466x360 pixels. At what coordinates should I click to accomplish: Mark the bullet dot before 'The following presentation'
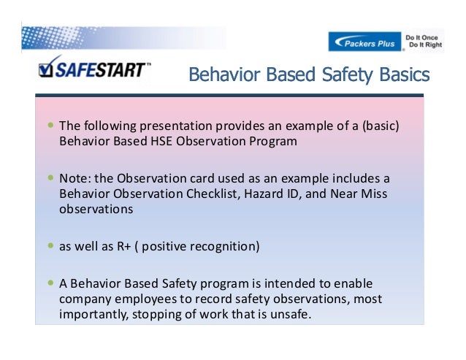pos(50,126)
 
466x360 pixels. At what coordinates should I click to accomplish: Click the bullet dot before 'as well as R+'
pos(50,245)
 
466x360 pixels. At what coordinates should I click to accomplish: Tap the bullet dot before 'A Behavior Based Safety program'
pos(50,283)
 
